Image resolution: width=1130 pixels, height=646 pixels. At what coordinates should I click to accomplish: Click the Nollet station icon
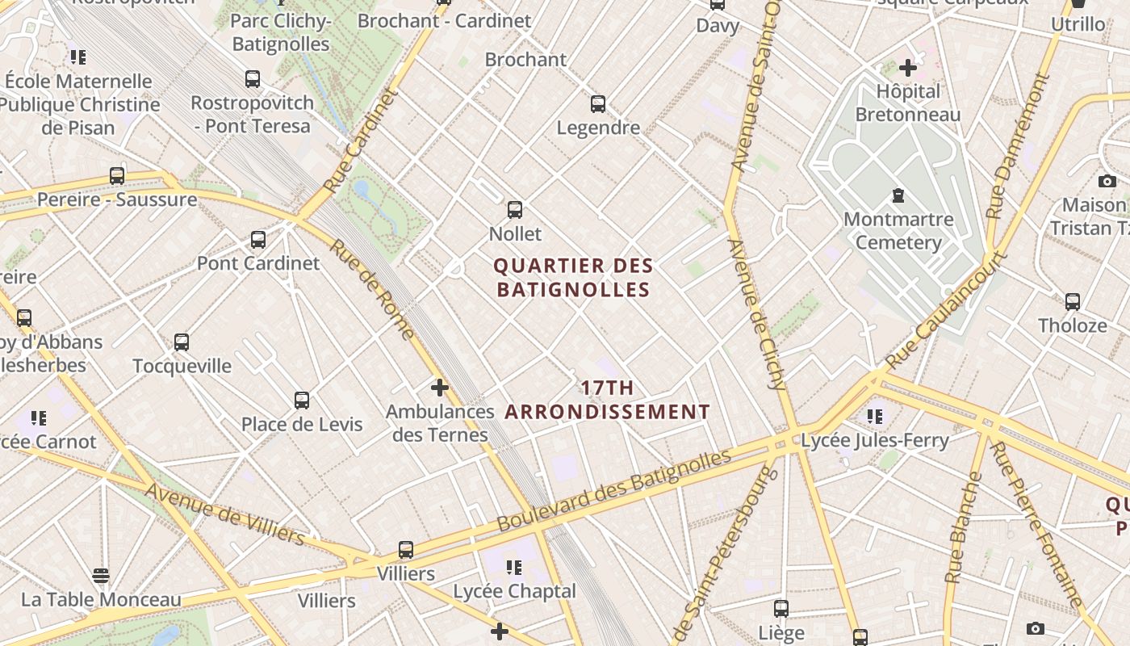(515, 210)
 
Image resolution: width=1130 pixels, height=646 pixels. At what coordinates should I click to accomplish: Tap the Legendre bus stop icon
(598, 104)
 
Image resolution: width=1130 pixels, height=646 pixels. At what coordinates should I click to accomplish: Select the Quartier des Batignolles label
(573, 277)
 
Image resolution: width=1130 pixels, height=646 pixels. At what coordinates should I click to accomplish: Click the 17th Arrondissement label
(607, 400)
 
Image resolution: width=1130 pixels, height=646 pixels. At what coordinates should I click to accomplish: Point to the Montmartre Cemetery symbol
(898, 195)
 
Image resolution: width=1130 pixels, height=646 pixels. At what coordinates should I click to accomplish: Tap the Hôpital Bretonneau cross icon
(908, 67)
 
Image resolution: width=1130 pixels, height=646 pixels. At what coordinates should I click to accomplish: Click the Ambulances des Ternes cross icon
(439, 388)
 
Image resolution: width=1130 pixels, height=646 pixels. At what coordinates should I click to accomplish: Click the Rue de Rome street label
(372, 288)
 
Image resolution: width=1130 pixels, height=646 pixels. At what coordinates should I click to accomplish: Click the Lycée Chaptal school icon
(514, 568)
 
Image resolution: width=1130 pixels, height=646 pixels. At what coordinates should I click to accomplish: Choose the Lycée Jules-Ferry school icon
(875, 417)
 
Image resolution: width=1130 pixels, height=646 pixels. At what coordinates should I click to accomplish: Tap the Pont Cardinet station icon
(258, 240)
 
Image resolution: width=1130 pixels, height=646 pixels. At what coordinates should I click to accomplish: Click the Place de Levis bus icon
(302, 401)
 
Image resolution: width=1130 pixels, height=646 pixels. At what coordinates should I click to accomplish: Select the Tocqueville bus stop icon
(182, 342)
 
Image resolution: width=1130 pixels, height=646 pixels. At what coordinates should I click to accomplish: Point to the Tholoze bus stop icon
(1073, 302)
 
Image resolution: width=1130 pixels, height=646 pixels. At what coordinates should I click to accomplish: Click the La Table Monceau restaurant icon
(101, 576)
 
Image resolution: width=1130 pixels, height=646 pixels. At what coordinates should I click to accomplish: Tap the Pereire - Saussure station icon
(117, 176)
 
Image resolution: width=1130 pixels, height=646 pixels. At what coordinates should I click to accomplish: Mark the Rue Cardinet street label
(361, 140)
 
